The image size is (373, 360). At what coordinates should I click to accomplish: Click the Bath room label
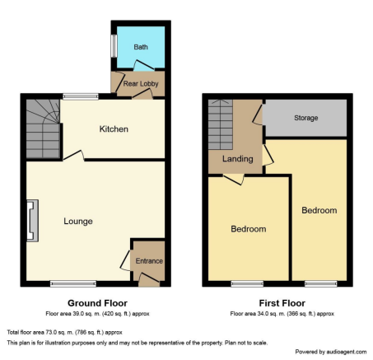[141, 47]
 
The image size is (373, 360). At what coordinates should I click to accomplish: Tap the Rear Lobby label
[141, 84]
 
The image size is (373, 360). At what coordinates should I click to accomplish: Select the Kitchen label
[114, 129]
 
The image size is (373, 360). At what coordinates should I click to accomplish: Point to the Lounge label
[78, 222]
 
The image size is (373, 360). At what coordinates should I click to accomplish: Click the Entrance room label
[149, 261]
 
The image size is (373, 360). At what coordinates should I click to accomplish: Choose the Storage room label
[306, 118]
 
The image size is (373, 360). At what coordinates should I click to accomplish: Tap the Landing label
[238, 159]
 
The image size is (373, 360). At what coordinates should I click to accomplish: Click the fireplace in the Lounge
[32, 221]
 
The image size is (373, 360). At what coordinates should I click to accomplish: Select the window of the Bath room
[114, 46]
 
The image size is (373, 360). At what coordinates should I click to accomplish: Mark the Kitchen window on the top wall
[81, 96]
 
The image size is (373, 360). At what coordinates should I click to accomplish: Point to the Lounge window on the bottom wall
[73, 283]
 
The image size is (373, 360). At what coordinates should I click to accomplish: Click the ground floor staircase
[43, 129]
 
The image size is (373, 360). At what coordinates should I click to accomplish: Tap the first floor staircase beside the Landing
[221, 124]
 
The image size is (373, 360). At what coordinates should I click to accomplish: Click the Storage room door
[258, 115]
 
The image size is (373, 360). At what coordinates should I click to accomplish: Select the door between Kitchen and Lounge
[74, 155]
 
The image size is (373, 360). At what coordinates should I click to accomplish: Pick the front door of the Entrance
[149, 278]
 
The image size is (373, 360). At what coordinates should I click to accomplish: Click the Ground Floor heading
[97, 303]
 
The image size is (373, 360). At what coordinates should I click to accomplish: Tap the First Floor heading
[282, 303]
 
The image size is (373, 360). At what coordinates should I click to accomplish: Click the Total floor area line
[64, 333]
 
